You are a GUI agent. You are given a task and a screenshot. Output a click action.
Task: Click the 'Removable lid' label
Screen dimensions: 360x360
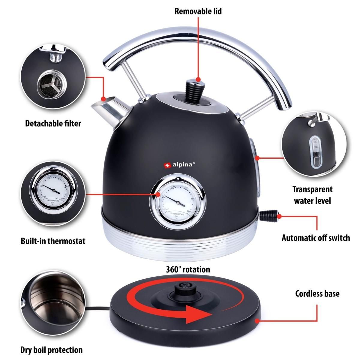point(198,11)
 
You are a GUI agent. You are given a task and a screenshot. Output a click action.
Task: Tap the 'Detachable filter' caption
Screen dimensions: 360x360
point(53,123)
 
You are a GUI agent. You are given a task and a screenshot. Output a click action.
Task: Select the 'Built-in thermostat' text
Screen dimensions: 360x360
point(53,241)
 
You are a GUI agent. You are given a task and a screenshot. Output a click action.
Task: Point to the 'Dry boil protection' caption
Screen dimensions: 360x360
point(51,350)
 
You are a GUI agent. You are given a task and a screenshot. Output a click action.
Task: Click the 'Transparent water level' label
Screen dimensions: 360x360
point(312,195)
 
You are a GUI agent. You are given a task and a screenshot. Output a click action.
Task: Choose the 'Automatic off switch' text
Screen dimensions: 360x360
point(316,238)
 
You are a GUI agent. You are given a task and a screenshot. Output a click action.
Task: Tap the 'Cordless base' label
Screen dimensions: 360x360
point(317,293)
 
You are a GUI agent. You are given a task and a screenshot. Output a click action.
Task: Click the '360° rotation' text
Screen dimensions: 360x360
point(188,269)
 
